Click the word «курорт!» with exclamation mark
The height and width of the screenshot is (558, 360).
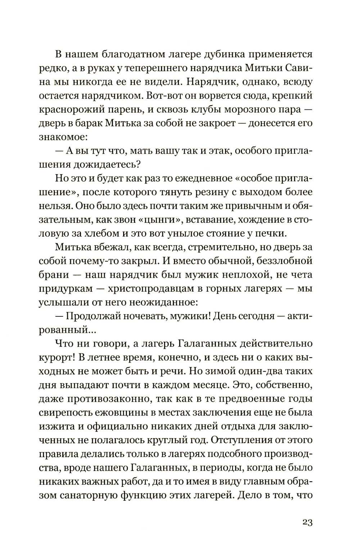pos(59,357)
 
